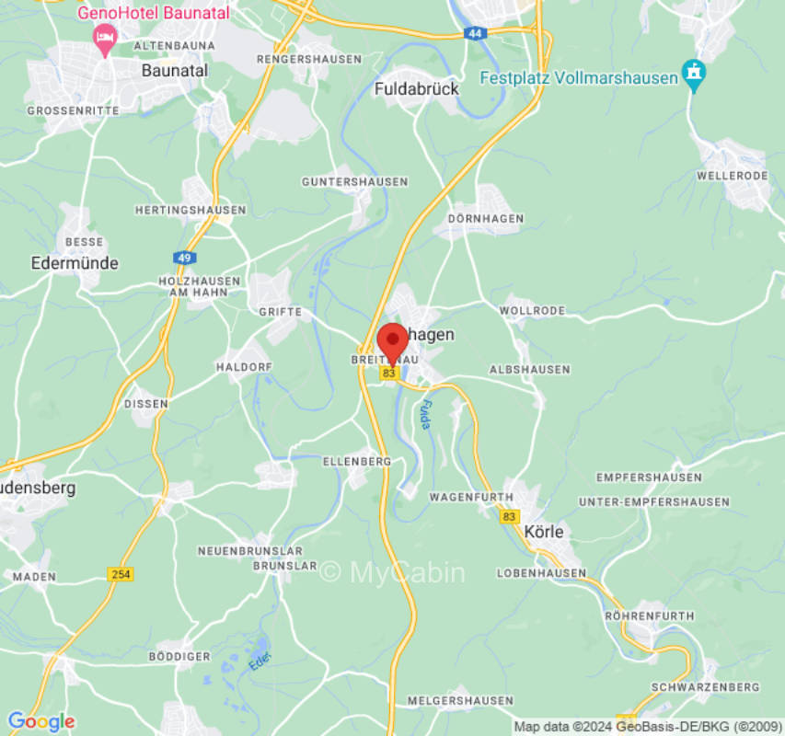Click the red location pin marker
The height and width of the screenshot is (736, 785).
[x=393, y=341]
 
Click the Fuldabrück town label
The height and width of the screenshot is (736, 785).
[x=417, y=89]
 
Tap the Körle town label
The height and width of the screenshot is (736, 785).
[x=543, y=532]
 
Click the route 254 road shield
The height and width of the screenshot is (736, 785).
[x=120, y=574]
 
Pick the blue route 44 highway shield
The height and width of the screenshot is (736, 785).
[x=474, y=33]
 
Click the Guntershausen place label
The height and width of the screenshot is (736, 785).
[x=354, y=182]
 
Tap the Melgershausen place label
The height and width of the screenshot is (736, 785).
[x=459, y=700]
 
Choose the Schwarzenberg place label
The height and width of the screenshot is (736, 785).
[x=705, y=687]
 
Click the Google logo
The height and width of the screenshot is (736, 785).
[x=40, y=721]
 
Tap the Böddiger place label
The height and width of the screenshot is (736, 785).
[x=179, y=656]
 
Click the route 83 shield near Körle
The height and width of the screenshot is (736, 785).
[x=510, y=517]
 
